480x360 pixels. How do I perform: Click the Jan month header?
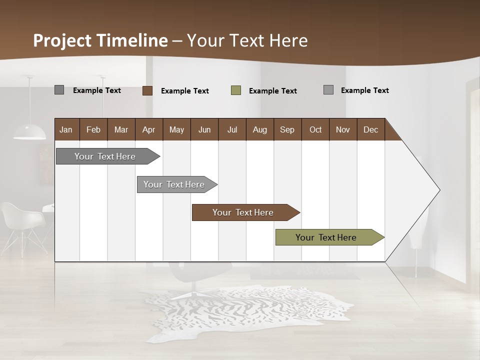pyautogui.click(x=66, y=129)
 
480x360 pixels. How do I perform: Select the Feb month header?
pyautogui.click(x=93, y=129)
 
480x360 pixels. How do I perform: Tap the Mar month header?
pyautogui.click(x=121, y=129)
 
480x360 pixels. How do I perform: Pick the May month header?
pyautogui.click(x=176, y=129)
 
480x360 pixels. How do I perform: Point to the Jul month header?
pyautogui.click(x=232, y=129)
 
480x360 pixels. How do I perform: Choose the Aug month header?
pyautogui.click(x=259, y=129)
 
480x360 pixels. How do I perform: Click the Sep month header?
pyautogui.click(x=287, y=129)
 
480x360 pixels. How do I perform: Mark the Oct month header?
pyautogui.click(x=315, y=129)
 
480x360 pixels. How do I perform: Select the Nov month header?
pyautogui.click(x=342, y=129)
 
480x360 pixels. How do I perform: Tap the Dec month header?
pyautogui.click(x=370, y=129)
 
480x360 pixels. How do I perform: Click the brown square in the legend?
pyautogui.click(x=147, y=90)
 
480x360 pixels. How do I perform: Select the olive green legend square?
pyautogui.click(x=236, y=90)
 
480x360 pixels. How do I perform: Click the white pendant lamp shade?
pyautogui.click(x=29, y=132)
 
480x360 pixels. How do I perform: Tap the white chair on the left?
pyautogui.click(x=22, y=220)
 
